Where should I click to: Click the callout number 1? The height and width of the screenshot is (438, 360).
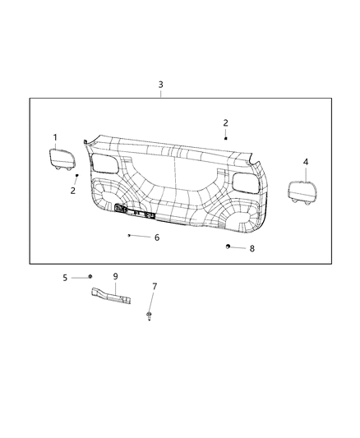click(56, 137)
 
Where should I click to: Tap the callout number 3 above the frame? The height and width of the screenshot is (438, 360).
click(160, 85)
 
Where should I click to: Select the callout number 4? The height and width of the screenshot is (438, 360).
click(306, 162)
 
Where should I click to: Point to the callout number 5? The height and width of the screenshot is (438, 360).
click(64, 277)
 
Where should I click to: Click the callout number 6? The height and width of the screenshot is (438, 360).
click(157, 237)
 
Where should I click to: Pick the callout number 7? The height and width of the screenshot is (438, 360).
click(154, 286)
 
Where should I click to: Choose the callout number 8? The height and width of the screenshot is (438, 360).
click(252, 247)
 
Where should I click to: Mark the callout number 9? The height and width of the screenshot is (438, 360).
click(116, 276)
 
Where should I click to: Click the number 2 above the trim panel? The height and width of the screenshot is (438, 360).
click(225, 122)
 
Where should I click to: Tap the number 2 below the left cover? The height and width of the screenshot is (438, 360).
click(72, 191)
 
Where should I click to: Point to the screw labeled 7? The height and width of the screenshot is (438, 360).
click(149, 315)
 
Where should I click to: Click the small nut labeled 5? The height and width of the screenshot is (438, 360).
click(90, 277)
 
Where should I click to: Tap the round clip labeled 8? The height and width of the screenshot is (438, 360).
click(228, 247)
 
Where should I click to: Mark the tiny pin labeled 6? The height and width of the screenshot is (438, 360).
click(129, 235)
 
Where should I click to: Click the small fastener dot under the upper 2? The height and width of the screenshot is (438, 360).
click(225, 139)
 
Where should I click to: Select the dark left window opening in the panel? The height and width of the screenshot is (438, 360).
click(105, 159)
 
